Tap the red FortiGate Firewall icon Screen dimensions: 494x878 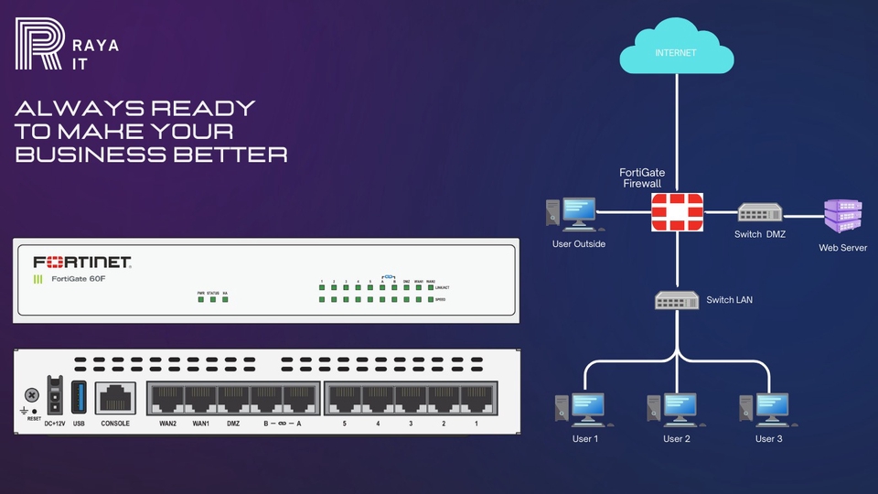coord(677,212)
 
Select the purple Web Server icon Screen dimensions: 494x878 coord(842,217)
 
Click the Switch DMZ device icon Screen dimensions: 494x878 coord(759,213)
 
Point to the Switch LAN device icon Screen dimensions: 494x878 coord(677,299)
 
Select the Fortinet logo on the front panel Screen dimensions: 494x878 coord(82,262)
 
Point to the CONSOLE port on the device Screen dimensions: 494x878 coord(115,398)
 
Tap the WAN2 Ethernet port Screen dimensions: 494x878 coord(167,399)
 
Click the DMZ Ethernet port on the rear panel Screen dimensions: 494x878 coord(233,399)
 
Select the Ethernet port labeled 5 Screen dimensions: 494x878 coord(344,399)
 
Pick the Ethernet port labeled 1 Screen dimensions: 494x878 coord(476,399)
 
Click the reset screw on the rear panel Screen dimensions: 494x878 coord(33,395)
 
